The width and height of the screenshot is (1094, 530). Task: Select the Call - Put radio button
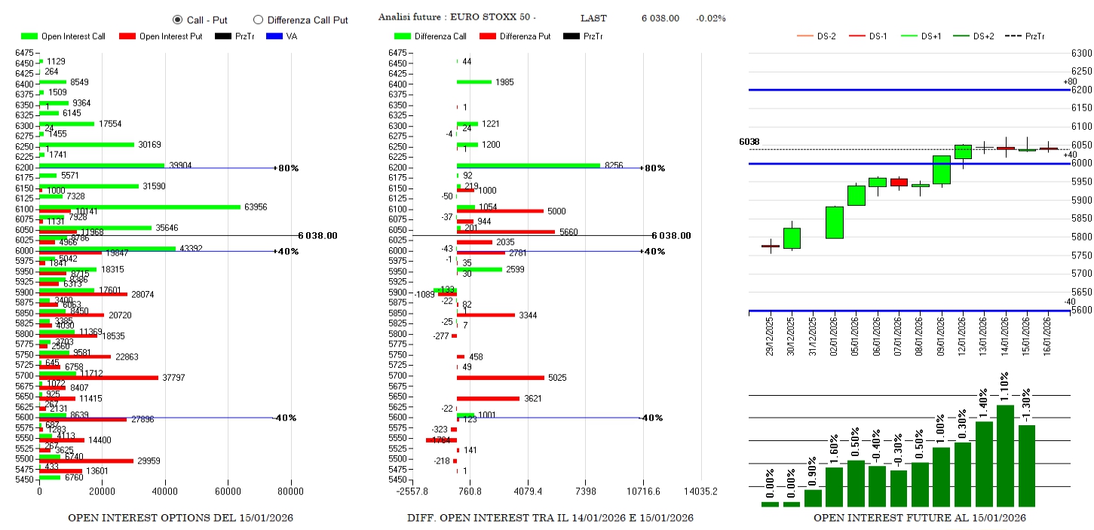(177, 20)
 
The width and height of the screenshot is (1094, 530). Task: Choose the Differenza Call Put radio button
(258, 20)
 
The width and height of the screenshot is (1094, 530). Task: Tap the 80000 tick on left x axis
(290, 491)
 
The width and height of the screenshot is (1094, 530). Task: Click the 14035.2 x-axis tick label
(700, 491)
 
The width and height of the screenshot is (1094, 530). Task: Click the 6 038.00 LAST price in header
(660, 18)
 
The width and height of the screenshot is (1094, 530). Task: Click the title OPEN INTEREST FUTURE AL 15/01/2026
(919, 519)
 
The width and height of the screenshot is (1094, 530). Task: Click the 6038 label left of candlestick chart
(749, 142)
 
